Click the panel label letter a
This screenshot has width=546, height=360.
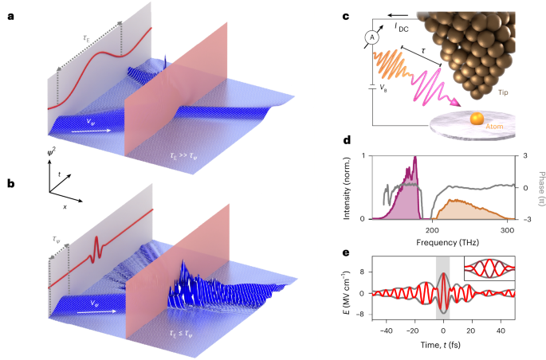pyautogui.click(x=11, y=16)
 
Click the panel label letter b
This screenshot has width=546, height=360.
pyautogui.click(x=11, y=183)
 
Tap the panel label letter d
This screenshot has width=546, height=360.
pyautogui.click(x=347, y=140)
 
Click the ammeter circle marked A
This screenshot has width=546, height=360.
pyautogui.click(x=372, y=37)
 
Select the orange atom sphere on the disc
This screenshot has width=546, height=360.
pyautogui.click(x=477, y=118)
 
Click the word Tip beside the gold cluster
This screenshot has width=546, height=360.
pyautogui.click(x=503, y=92)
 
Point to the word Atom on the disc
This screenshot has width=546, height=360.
pyautogui.click(x=494, y=127)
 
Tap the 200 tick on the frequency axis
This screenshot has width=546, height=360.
pyautogui.click(x=432, y=230)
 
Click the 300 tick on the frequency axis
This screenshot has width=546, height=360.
pyautogui.click(x=506, y=230)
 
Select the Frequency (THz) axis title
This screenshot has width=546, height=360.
pyautogui.click(x=447, y=242)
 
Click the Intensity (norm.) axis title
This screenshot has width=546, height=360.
pyautogui.click(x=347, y=188)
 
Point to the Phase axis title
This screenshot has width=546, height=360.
pyautogui.click(x=541, y=189)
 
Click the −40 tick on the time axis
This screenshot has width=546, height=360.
pyautogui.click(x=386, y=330)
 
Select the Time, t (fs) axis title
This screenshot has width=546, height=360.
pyautogui.click(x=440, y=345)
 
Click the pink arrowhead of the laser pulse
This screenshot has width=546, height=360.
pyautogui.click(x=455, y=102)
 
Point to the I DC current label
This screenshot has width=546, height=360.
pyautogui.click(x=402, y=27)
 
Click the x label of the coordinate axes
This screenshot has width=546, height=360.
pyautogui.click(x=65, y=206)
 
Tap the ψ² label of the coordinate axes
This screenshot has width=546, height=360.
pyautogui.click(x=52, y=152)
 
